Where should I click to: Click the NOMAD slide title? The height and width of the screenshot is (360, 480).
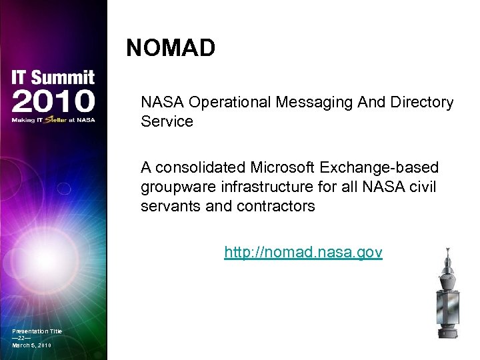click(x=171, y=48)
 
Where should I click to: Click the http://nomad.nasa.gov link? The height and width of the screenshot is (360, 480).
click(x=303, y=252)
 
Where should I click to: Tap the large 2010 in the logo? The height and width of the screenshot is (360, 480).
click(x=53, y=101)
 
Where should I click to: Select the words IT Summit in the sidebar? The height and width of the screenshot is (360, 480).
click(x=53, y=77)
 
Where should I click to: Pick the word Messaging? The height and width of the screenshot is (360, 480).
click(x=314, y=103)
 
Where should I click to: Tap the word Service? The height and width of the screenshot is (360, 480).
click(x=167, y=121)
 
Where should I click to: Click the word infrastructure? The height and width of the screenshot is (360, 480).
click(x=262, y=187)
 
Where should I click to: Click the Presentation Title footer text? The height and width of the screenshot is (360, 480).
click(x=37, y=331)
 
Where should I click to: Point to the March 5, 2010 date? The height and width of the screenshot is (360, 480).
click(x=31, y=345)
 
